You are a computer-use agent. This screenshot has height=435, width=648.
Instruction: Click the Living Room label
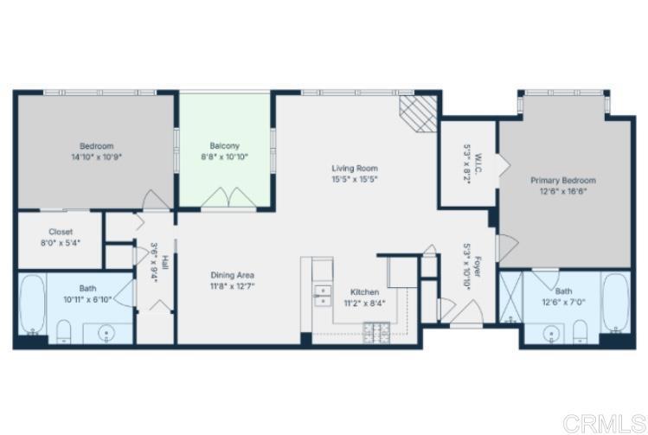click(x=355, y=169)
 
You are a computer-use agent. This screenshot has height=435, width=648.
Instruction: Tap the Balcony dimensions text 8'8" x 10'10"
click(x=224, y=157)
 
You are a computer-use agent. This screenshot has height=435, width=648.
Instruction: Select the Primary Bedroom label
click(x=563, y=181)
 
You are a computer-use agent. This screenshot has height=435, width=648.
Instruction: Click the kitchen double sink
click(x=321, y=296)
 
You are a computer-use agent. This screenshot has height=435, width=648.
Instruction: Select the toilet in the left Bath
click(x=64, y=329)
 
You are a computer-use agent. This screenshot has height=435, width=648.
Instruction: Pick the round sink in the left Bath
click(x=108, y=332)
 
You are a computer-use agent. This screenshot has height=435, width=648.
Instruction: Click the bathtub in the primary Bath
click(x=615, y=304)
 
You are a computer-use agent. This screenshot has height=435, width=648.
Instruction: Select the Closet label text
click(x=61, y=232)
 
